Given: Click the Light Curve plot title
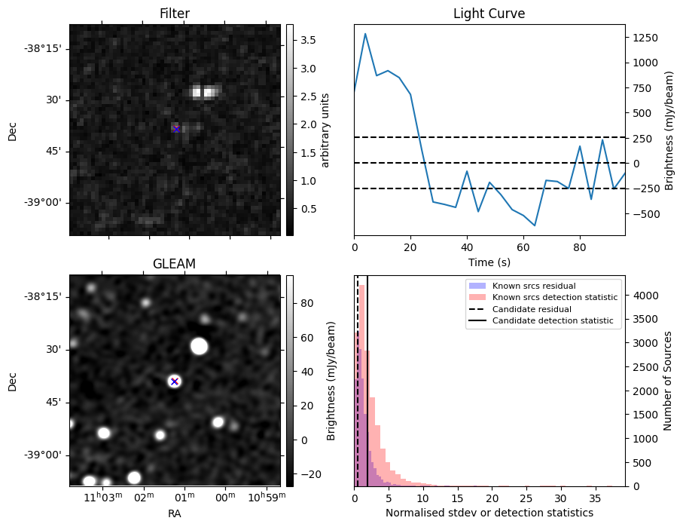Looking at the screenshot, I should (x=489, y=14).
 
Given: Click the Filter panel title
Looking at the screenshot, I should (x=174, y=14).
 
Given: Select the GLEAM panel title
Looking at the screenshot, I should (x=174, y=264).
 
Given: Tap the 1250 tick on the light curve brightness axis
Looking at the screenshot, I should (x=644, y=38).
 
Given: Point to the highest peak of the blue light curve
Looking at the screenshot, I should (x=365, y=33).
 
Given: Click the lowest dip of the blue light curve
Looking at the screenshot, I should (x=535, y=225).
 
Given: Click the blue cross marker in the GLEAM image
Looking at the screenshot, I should (x=175, y=381).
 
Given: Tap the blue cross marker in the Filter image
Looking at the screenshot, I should (x=176, y=129).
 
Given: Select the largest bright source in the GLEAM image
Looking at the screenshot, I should (x=199, y=346).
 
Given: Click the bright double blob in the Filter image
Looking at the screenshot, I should (x=204, y=92).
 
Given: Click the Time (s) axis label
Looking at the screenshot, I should (x=489, y=262).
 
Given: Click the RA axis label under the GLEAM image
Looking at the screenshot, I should (x=174, y=513).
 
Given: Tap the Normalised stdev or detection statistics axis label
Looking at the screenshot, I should (x=489, y=513).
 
